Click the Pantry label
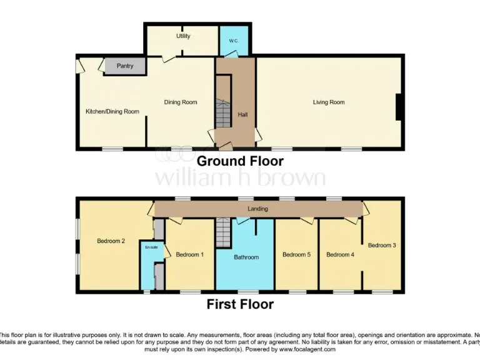(125, 66)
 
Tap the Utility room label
(183, 36)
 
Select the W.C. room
(234, 41)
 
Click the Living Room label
(329, 102)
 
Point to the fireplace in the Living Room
(398, 106)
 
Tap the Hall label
(242, 115)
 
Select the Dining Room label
(181, 102)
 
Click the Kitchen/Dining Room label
(112, 112)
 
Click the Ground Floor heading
(240, 161)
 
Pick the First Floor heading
(240, 305)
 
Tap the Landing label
(257, 209)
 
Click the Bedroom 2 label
(111, 241)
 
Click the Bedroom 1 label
(190, 254)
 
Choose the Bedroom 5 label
(296, 254)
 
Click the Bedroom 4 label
(340, 254)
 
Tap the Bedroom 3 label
(381, 246)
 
